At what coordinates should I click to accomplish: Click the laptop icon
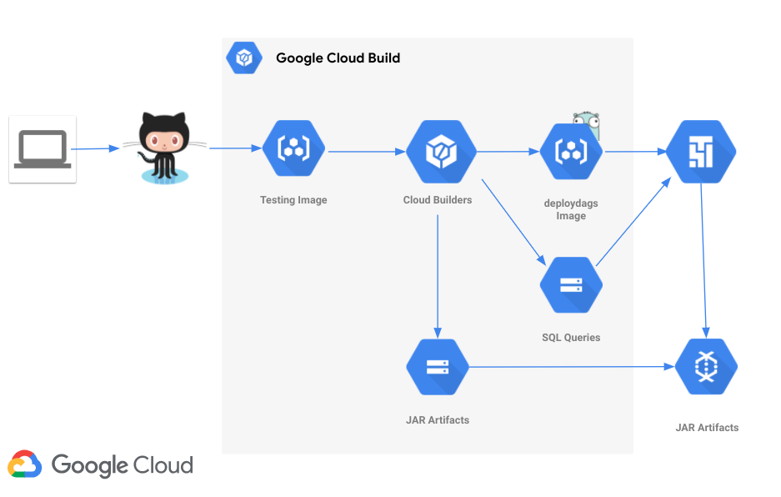pos(43,149)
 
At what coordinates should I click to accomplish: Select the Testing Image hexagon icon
pos(293,149)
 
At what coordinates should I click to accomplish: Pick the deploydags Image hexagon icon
pos(571,152)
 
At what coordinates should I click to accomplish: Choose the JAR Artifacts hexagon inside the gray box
pos(438,367)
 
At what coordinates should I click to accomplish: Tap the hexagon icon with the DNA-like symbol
pos(706,367)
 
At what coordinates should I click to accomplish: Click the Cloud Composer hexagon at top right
pos(701,152)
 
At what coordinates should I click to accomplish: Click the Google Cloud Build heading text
pos(338,58)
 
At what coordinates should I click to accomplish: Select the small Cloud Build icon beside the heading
pos(244,58)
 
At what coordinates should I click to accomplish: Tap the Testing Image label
pos(293,200)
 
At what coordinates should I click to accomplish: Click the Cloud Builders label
pos(438,200)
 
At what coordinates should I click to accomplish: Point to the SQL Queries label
pos(571,338)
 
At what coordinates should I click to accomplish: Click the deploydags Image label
pos(571,209)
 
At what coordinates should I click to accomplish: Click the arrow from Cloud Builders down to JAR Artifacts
pos(438,275)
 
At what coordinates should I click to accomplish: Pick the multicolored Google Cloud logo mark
pos(25,464)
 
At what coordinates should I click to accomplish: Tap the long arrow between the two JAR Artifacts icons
pos(571,367)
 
